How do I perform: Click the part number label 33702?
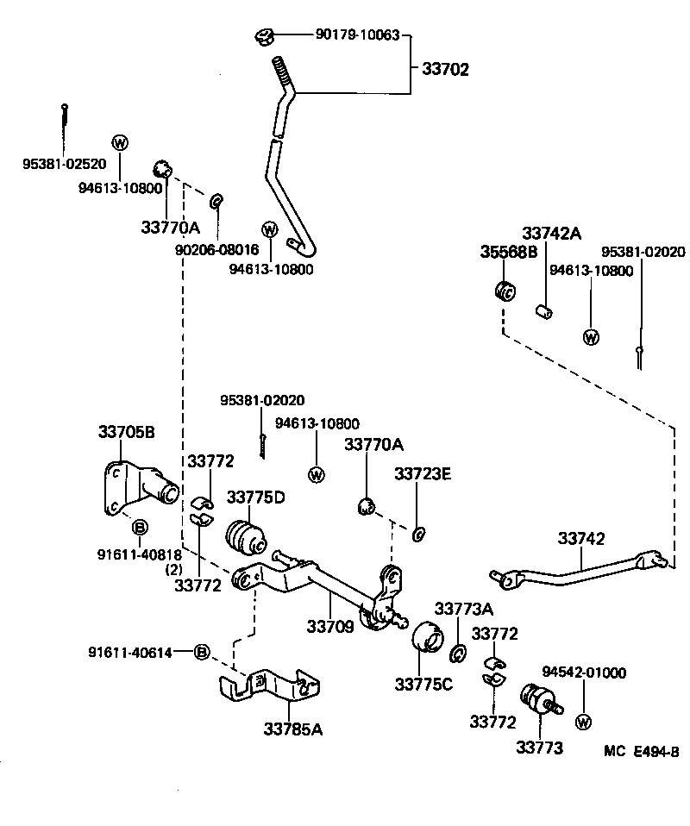tap(445, 70)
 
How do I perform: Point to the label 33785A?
tap(293, 729)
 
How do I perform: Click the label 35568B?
tap(509, 252)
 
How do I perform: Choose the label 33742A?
tap(551, 234)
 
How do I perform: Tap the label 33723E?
tap(423, 474)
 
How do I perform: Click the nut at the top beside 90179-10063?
tap(266, 37)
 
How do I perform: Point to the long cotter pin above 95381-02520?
tap(65, 125)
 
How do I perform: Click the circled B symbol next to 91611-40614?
tap(201, 651)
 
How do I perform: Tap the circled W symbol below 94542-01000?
tap(583, 721)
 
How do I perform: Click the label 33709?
tap(330, 625)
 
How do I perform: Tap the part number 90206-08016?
tap(216, 249)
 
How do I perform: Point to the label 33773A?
tap(463, 610)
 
